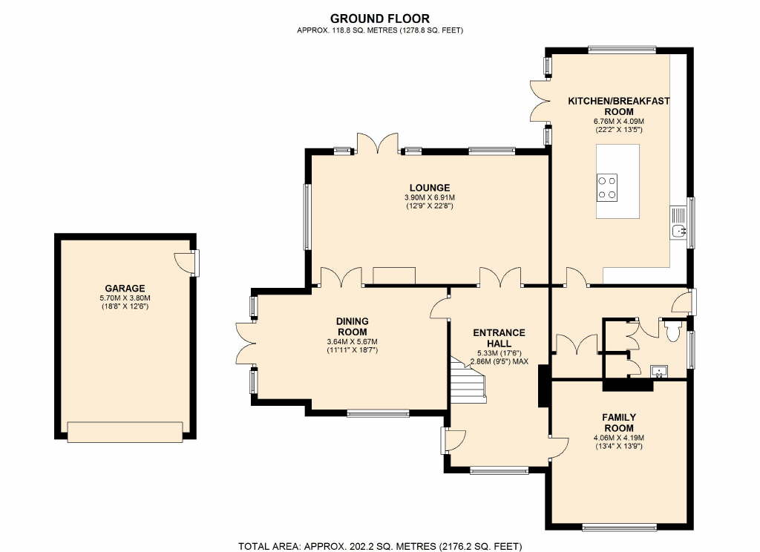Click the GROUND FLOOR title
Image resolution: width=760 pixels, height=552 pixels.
(x=379, y=19)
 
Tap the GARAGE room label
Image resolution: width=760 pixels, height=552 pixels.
(x=125, y=289)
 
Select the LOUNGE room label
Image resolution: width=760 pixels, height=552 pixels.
(x=430, y=188)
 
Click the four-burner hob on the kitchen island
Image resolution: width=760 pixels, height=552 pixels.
(x=607, y=188)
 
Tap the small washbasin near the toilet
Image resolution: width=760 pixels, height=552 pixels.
(x=659, y=371)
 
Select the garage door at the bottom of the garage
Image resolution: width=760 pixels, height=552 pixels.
(x=125, y=432)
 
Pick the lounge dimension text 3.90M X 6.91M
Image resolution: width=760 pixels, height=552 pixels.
(x=430, y=198)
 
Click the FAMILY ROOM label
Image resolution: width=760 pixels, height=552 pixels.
(x=619, y=423)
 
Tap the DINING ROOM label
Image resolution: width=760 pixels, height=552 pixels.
(x=353, y=326)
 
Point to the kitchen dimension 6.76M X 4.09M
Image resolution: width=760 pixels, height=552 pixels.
(x=619, y=121)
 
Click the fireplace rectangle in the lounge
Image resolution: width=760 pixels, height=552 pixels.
(x=394, y=275)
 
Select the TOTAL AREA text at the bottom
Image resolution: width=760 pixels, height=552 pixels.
(x=380, y=546)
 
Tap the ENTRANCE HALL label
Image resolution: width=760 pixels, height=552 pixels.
(x=499, y=338)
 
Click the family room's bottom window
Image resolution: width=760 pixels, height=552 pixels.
(x=620, y=526)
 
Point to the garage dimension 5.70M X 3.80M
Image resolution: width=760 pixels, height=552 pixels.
(x=125, y=298)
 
